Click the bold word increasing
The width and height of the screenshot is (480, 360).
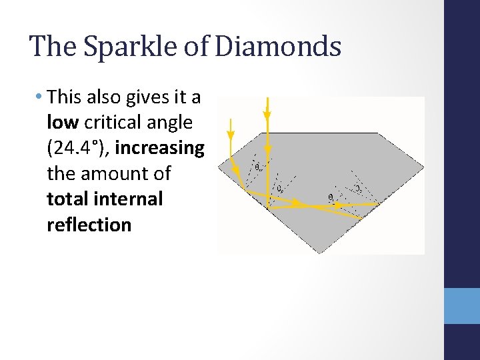[x=159, y=148]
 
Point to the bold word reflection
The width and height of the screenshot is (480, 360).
[x=89, y=225]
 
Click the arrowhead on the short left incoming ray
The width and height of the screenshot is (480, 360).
[x=231, y=136]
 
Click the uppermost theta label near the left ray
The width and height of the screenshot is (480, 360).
[x=258, y=167]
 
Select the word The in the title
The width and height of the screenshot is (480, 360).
[x=49, y=47]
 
